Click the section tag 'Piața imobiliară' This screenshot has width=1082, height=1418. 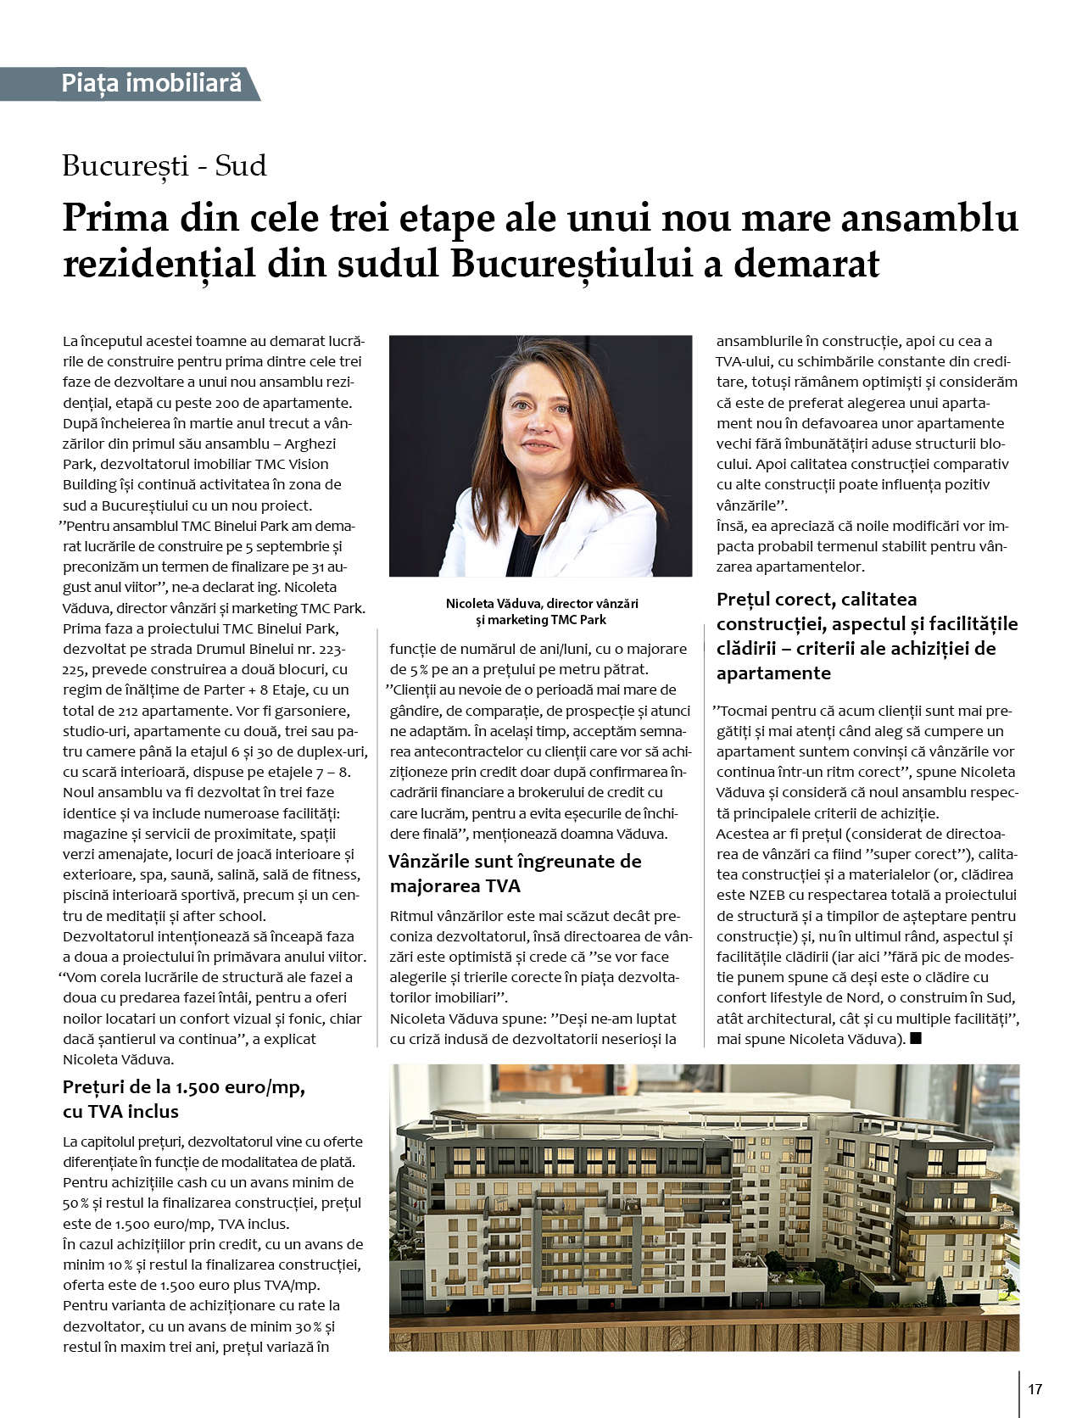(x=151, y=83)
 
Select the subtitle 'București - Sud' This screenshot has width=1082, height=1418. (x=165, y=165)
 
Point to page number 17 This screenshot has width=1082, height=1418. (x=1035, y=1389)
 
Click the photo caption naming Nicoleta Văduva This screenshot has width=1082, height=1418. (x=541, y=611)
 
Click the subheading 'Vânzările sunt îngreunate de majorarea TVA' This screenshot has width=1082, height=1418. (x=515, y=874)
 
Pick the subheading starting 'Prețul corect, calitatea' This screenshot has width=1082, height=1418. (x=867, y=635)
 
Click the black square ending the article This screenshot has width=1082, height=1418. (x=915, y=1038)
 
